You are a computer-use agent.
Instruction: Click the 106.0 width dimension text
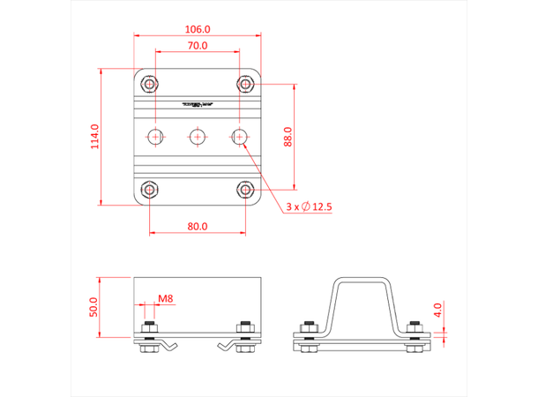(x=198, y=26)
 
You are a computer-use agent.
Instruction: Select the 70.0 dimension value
(x=198, y=45)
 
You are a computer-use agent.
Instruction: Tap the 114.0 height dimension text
(x=94, y=136)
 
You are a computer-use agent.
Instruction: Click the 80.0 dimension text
(x=198, y=226)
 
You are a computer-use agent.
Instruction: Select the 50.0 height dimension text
(x=94, y=307)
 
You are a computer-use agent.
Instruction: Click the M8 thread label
(x=166, y=298)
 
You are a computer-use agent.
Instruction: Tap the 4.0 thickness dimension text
(x=438, y=310)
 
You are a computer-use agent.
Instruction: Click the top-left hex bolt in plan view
(x=150, y=85)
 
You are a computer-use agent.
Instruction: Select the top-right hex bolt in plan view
(x=245, y=85)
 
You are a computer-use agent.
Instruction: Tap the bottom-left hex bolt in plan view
(x=150, y=189)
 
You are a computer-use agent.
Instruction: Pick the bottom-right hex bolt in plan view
(x=245, y=189)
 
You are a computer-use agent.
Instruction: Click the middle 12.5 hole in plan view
(x=198, y=137)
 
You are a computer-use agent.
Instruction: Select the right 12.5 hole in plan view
(x=239, y=137)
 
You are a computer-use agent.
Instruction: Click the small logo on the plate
(x=198, y=104)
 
